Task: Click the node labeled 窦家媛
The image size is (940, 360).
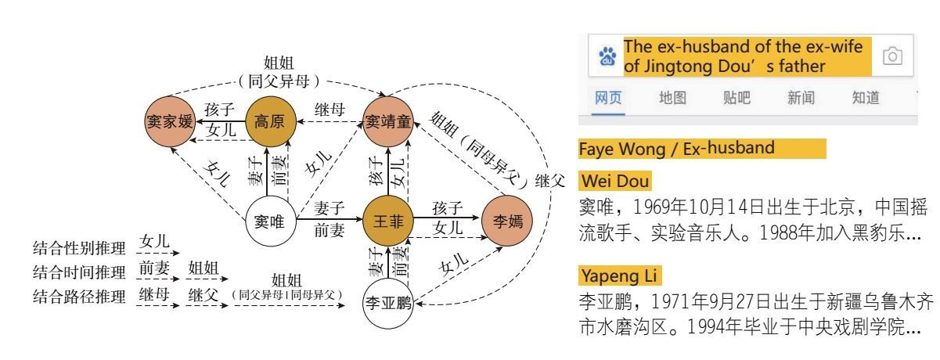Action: pos(169,123)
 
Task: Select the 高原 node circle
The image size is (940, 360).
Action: pos(267,122)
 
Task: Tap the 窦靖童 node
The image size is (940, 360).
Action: pos(388,122)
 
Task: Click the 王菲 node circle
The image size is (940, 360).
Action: pos(387,221)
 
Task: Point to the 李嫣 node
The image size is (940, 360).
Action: pos(505,221)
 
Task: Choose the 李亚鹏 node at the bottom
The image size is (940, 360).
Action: pos(389,302)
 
